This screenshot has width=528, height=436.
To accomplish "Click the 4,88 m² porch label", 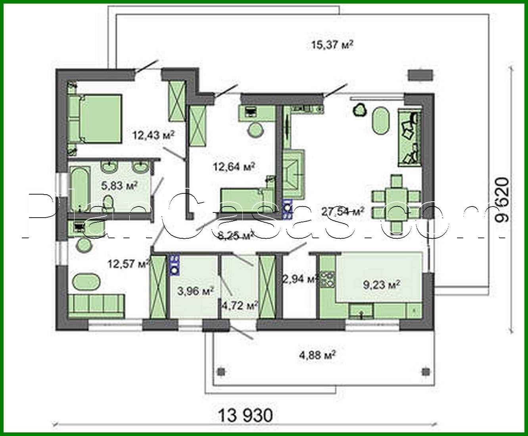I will [x=317, y=354].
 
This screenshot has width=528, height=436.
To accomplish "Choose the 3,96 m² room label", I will [x=196, y=291].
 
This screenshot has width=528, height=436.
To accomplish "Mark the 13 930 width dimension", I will [x=246, y=416].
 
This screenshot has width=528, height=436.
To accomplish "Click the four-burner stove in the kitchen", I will [x=328, y=279].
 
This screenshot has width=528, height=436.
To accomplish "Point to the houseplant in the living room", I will [x=360, y=109].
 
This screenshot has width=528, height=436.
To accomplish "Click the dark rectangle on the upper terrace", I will [x=420, y=75].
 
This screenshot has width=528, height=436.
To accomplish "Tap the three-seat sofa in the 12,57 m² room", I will [x=97, y=306].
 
